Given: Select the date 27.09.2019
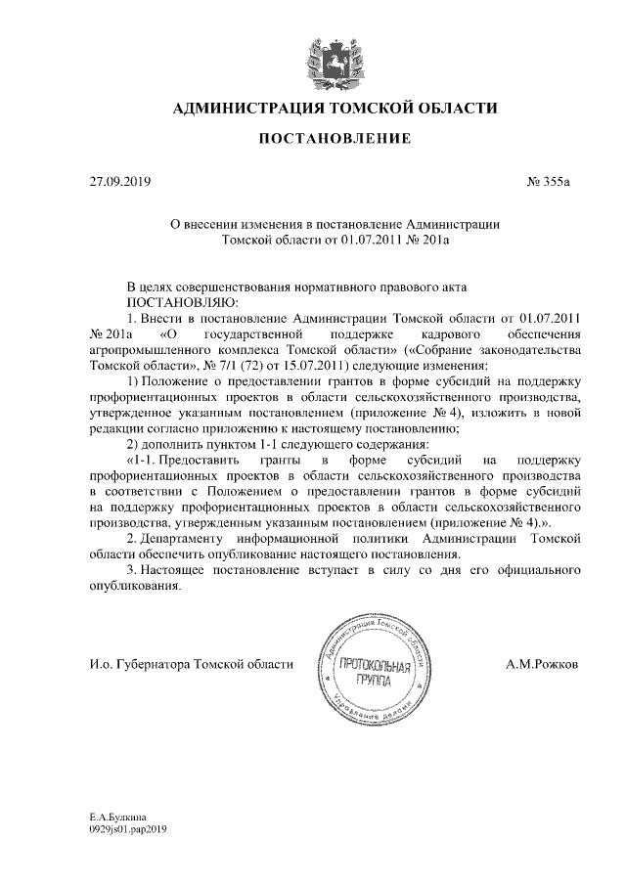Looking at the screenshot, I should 115,182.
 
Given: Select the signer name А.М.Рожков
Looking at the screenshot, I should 542,664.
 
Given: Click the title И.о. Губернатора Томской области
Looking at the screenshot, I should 190,664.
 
